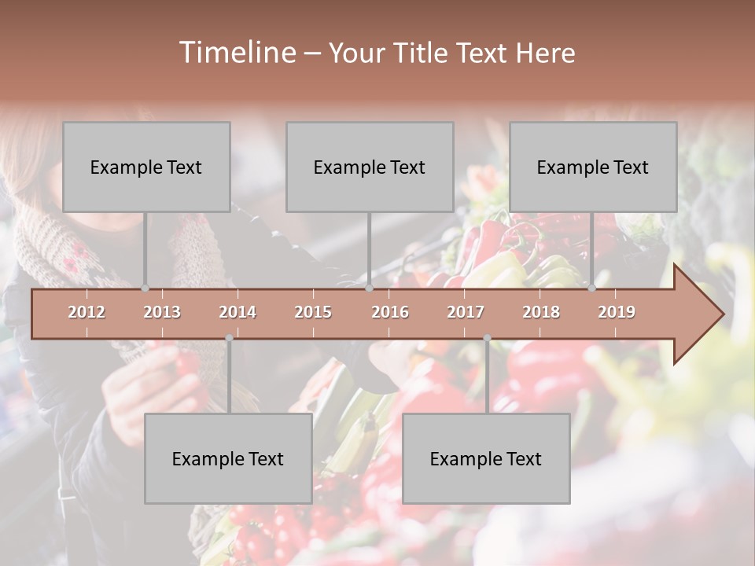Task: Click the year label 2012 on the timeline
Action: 87,312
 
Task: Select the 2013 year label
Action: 162,312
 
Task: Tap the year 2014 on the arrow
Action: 238,312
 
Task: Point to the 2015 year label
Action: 313,312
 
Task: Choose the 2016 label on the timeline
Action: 390,312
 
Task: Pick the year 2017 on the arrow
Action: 466,312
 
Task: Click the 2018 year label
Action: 541,312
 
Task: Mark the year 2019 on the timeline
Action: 617,312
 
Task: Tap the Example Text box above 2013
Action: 146,167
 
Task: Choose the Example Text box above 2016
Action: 370,167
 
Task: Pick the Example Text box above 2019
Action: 593,167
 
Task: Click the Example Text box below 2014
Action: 228,459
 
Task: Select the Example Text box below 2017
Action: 486,459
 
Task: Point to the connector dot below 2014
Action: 229,338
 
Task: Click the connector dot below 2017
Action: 487,338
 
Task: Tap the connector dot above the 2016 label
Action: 370,289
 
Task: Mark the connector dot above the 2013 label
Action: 145,289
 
